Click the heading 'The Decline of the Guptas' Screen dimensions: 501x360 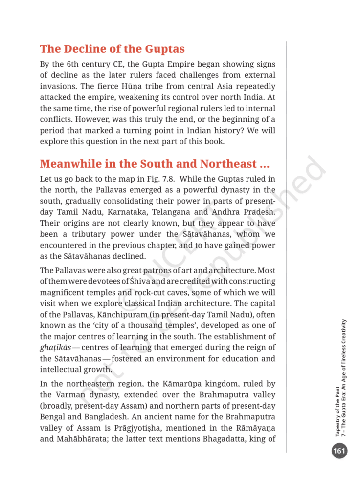coord(112,49)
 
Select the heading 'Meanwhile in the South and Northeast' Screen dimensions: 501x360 coord(155,163)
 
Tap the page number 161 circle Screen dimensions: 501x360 coord(339,451)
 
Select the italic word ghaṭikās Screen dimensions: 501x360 coord(55,347)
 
